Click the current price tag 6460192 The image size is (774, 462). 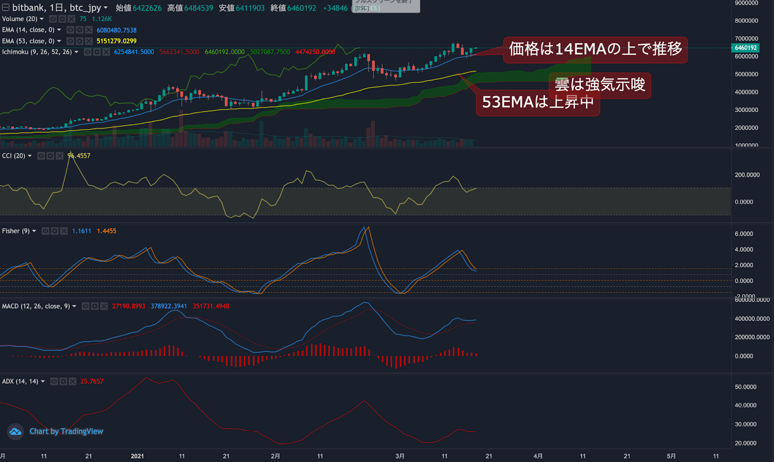(x=745, y=48)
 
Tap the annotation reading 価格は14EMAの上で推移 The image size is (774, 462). (x=595, y=49)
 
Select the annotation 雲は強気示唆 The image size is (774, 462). (x=600, y=85)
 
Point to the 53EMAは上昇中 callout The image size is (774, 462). (x=537, y=102)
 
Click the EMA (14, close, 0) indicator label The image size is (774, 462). (x=28, y=30)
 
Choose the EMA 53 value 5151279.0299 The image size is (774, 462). (x=117, y=41)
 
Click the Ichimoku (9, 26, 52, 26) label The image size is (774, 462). (x=37, y=52)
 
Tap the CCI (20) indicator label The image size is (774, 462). (x=14, y=156)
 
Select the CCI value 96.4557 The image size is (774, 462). (x=79, y=156)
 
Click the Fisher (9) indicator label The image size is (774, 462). (x=15, y=231)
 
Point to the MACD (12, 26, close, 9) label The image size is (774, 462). (x=36, y=306)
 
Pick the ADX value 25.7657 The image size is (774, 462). (x=92, y=381)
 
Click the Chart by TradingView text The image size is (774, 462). (x=66, y=431)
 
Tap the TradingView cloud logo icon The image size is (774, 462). (x=15, y=431)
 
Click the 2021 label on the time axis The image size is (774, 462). (x=137, y=456)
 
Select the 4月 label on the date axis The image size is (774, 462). (x=538, y=456)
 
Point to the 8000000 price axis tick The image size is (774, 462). (x=746, y=21)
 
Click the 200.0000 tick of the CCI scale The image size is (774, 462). (x=747, y=175)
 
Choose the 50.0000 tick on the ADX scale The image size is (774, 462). (x=745, y=387)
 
